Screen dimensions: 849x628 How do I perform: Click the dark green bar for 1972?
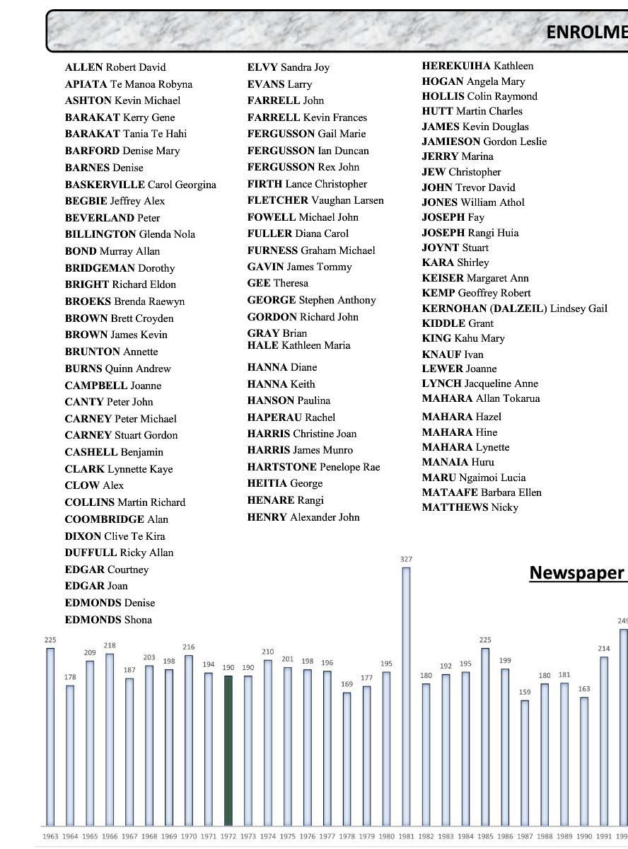tap(228, 750)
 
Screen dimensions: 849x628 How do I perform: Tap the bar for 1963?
tap(50, 736)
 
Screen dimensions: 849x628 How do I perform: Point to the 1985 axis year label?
tap(485, 836)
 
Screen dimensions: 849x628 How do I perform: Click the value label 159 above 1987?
tap(525, 693)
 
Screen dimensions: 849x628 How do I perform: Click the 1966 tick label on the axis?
tap(110, 836)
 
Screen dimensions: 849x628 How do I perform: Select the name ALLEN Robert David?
tap(115, 67)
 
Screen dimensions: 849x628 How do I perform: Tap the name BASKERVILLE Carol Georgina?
tap(141, 185)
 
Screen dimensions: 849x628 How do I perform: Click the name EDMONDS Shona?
tap(108, 620)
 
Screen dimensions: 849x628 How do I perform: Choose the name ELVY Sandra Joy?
tap(289, 67)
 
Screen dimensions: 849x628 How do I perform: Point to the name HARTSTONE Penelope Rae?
tap(313, 467)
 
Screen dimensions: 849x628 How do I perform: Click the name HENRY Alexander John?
tap(303, 517)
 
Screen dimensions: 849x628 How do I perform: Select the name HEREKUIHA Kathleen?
tap(478, 66)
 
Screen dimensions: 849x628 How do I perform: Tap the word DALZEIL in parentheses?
tap(518, 308)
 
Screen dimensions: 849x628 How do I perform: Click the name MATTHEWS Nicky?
tap(470, 507)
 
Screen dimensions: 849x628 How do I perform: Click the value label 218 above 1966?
tap(110, 645)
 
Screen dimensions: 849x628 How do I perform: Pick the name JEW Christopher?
tap(461, 172)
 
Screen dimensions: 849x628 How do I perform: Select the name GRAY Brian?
tap(277, 333)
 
